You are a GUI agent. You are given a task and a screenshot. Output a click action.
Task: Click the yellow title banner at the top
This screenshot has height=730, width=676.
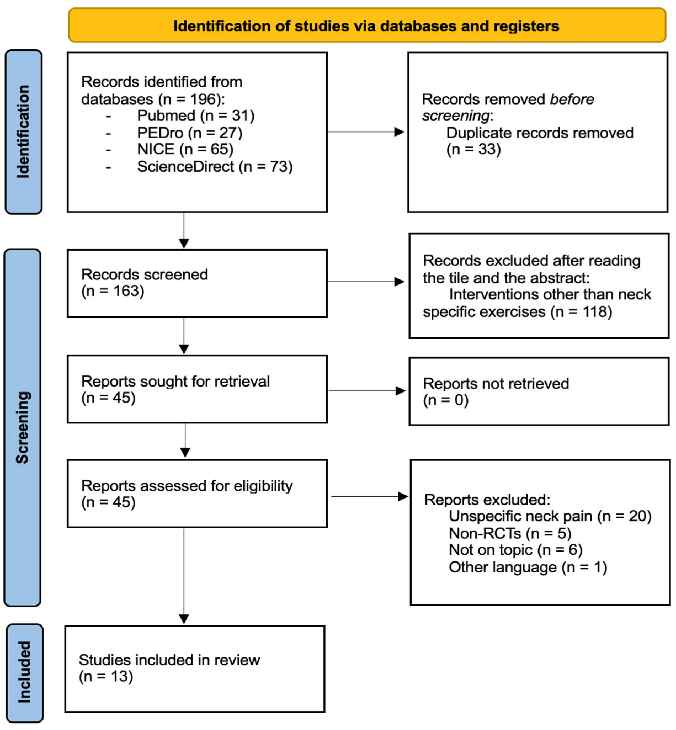367,25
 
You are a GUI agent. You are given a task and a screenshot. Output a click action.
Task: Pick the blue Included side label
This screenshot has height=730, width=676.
25,673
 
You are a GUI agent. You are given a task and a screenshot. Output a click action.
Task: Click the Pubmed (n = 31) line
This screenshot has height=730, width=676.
196,116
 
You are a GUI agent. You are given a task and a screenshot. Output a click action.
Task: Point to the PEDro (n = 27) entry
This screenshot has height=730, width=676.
190,133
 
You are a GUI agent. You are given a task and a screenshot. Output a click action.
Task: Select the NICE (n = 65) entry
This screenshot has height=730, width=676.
185,149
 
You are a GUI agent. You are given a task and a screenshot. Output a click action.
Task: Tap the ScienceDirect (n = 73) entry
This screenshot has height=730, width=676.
215,166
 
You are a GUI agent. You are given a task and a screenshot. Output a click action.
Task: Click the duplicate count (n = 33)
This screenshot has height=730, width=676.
474,149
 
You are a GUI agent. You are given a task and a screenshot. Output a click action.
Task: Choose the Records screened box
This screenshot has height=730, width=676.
197,283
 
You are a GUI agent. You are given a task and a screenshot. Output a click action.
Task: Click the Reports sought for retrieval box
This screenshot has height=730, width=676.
197,389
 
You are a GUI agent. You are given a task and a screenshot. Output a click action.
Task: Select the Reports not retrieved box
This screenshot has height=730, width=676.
539,391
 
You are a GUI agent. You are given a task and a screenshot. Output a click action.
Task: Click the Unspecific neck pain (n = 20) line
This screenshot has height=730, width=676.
550,516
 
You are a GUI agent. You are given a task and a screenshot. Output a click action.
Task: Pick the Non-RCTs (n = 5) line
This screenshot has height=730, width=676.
510,533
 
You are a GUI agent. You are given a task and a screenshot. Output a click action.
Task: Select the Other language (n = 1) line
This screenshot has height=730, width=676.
528,567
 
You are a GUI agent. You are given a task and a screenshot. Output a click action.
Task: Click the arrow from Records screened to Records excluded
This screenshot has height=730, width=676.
366,282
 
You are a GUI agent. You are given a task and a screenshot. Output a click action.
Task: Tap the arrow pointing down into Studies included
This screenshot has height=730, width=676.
184,576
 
